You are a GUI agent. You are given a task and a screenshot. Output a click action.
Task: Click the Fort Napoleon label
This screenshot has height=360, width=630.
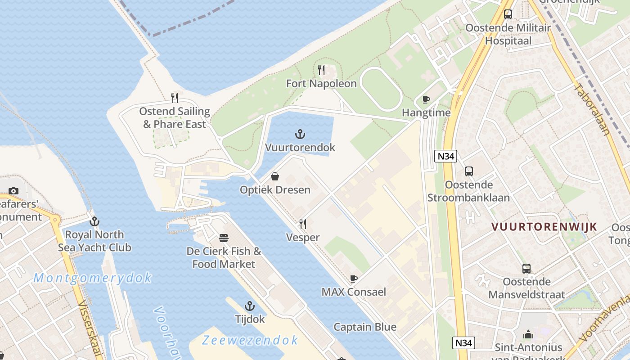(x=321, y=84)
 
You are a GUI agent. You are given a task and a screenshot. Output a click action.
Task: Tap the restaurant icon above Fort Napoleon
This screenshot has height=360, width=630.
(x=321, y=70)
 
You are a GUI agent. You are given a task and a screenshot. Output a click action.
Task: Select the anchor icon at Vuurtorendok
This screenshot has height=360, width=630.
(x=300, y=134)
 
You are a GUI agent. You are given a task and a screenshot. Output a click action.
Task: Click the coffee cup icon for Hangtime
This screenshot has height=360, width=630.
(x=426, y=99)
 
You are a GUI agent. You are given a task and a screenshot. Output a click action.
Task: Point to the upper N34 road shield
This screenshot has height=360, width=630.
(x=445, y=156)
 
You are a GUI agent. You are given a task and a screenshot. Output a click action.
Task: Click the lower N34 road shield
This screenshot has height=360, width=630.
(x=463, y=343)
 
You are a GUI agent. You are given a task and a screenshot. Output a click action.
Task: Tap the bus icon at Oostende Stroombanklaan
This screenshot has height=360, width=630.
(x=468, y=171)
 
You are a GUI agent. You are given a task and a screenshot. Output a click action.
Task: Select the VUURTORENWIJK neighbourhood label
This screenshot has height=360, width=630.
(x=544, y=227)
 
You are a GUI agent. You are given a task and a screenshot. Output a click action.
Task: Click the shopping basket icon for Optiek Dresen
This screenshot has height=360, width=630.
(x=274, y=176)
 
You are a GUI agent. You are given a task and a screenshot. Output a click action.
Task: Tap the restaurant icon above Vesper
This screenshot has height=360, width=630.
(x=303, y=224)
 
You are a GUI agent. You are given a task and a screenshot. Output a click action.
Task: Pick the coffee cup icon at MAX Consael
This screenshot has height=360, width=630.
(x=354, y=279)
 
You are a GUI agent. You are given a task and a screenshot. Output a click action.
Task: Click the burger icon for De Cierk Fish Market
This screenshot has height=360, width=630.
(x=224, y=238)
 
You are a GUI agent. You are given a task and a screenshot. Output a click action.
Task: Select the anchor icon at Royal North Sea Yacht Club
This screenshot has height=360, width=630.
(x=94, y=221)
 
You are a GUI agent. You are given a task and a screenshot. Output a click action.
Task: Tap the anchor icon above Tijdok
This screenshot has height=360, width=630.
(x=250, y=306)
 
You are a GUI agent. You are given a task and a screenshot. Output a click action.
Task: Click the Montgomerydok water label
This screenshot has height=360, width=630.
(x=93, y=278)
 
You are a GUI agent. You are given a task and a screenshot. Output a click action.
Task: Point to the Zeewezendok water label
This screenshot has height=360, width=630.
(x=250, y=340)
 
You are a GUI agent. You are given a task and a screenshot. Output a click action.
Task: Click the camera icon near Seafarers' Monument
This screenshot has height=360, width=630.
(x=13, y=191)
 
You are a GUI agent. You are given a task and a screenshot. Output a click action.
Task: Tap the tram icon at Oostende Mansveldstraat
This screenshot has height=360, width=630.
(x=526, y=269)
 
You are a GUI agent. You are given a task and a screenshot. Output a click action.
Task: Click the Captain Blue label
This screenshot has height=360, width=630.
(x=364, y=327)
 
